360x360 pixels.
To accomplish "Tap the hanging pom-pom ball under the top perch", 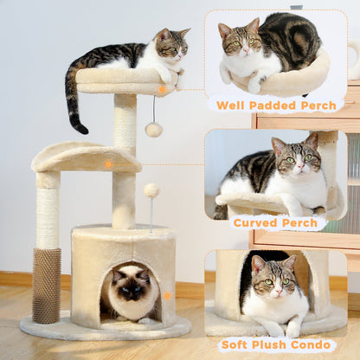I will coord(154,129).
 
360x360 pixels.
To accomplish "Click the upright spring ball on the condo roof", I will coord(151,190).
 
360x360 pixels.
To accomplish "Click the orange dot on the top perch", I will coord(162,89).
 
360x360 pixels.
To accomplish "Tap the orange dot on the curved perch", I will coord(108,163).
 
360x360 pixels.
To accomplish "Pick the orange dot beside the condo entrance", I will coord(167,295).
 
